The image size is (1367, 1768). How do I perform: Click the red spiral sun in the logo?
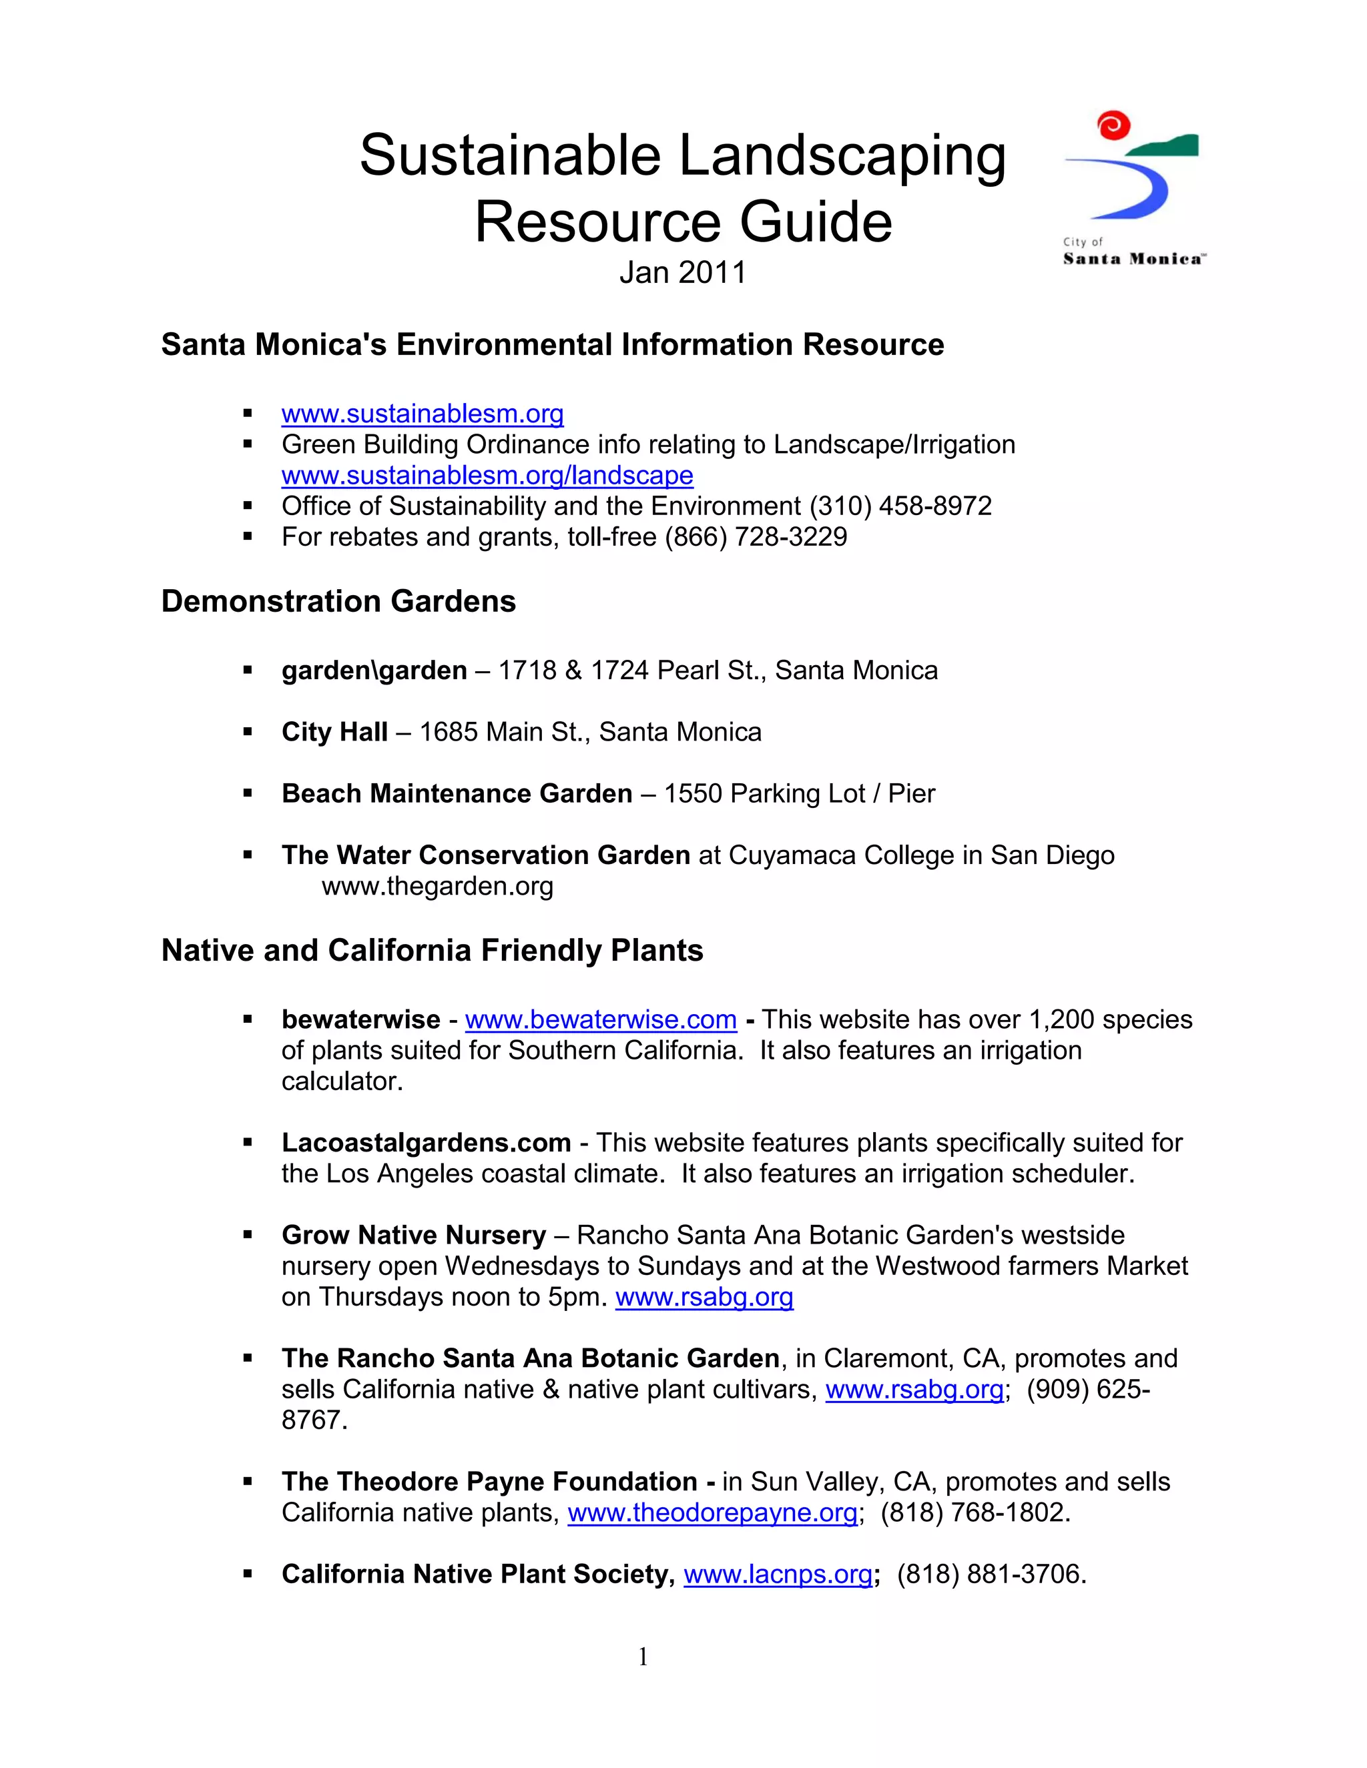click(x=1113, y=126)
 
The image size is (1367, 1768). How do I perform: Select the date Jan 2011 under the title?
click(x=682, y=273)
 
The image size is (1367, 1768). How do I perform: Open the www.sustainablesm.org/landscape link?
click(x=487, y=475)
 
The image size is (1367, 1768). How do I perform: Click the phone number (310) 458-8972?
click(x=900, y=506)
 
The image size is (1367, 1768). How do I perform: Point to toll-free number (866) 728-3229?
click(x=756, y=536)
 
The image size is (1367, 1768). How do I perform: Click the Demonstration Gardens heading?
click(x=338, y=602)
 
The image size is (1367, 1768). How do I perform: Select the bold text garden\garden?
click(x=374, y=671)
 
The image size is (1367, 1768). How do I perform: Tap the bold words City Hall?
click(x=334, y=732)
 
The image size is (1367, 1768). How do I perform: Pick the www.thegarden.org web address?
click(x=437, y=887)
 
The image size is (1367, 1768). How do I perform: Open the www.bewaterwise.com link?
click(x=600, y=1019)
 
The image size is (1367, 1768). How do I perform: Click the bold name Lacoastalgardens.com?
click(x=426, y=1142)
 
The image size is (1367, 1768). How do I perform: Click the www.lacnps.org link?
click(x=778, y=1574)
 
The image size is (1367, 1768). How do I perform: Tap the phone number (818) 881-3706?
click(x=991, y=1574)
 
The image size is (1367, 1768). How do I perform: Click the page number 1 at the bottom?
click(x=643, y=1657)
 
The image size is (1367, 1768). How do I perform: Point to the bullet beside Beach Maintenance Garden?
click(x=248, y=794)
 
